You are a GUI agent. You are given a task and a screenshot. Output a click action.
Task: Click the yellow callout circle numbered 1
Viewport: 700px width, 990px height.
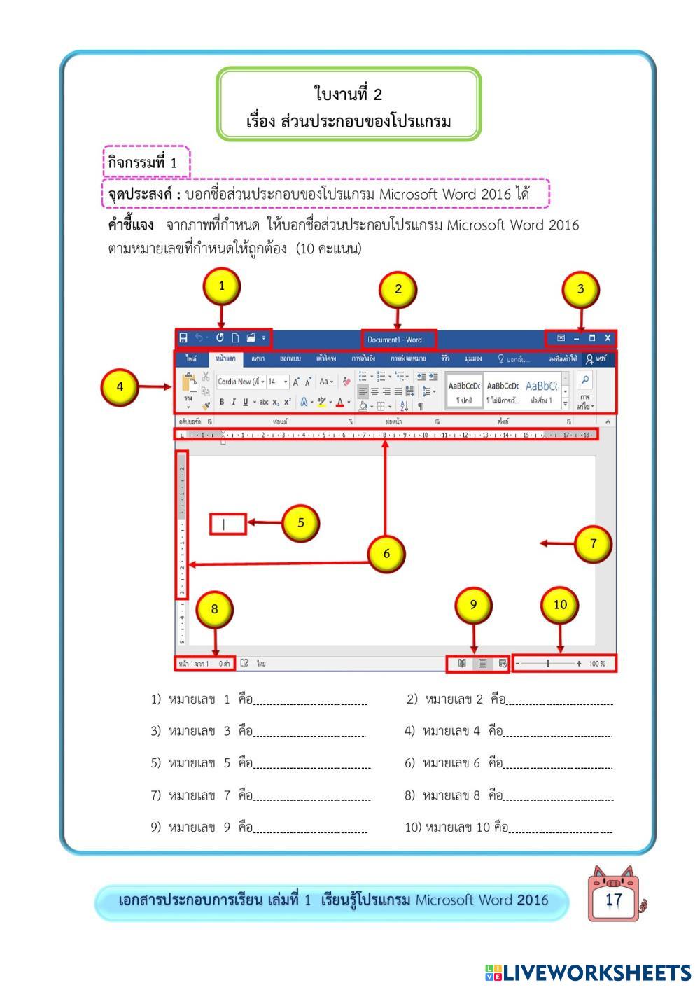[x=221, y=286]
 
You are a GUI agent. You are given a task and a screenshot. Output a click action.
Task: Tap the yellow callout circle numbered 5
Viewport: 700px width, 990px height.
[x=300, y=522]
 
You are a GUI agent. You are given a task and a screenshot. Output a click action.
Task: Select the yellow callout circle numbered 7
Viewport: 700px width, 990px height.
[x=593, y=543]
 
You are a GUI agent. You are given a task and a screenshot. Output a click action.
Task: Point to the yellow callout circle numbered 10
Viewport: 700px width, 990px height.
[x=560, y=605]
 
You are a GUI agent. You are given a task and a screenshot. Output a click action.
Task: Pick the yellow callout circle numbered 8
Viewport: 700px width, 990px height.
[x=214, y=609]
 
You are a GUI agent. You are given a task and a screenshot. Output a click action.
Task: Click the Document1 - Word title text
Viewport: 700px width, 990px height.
[x=395, y=340]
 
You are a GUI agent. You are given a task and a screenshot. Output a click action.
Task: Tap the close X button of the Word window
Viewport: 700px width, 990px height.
[x=608, y=338]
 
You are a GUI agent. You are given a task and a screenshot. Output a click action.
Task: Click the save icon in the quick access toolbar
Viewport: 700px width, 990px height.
[x=183, y=338]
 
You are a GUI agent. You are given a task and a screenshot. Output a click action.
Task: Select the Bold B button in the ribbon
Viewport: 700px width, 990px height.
[x=222, y=402]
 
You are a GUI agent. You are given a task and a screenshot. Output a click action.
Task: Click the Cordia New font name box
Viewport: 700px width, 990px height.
[x=237, y=382]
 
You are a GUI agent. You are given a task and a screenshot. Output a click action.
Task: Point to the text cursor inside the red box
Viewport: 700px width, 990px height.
[x=224, y=524]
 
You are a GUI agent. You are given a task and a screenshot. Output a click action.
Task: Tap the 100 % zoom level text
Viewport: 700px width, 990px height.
[x=597, y=663]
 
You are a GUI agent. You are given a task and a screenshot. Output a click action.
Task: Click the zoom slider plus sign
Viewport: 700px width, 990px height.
[x=579, y=663]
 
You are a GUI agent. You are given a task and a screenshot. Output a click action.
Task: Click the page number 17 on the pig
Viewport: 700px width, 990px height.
[x=613, y=900]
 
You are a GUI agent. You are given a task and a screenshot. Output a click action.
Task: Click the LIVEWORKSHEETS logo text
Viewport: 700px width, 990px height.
[x=596, y=972]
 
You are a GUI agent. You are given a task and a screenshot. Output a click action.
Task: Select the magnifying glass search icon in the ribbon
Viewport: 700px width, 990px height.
[x=585, y=379]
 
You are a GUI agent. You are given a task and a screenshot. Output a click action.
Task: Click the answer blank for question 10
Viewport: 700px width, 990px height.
[x=561, y=828]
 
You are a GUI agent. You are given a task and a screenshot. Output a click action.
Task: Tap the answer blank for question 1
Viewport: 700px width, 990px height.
[x=310, y=700]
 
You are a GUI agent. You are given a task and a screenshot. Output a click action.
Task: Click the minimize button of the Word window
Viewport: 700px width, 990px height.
[x=577, y=338]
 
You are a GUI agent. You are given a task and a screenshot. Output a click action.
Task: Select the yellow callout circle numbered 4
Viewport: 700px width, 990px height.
[x=120, y=386]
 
